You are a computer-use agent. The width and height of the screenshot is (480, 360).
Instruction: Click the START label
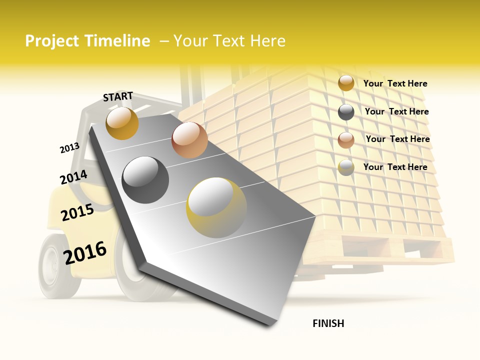point(118,96)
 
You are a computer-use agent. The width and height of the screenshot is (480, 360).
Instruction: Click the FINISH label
point(328,323)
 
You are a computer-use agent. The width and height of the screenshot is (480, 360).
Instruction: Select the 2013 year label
point(69,147)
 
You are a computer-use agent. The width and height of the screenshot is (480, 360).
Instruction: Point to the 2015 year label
point(77,212)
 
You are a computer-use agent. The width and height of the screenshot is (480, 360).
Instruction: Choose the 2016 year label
point(85,252)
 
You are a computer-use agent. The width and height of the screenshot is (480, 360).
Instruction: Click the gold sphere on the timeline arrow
point(122,123)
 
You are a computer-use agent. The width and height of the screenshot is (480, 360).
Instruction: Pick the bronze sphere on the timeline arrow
point(189,140)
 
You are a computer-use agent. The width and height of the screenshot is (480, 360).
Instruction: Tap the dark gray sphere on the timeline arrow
point(145,179)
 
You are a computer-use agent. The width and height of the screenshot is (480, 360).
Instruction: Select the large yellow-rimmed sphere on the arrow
point(216,207)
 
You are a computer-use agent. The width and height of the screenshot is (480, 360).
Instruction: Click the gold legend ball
point(346,83)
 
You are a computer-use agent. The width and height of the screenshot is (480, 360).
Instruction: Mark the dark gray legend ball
point(346,111)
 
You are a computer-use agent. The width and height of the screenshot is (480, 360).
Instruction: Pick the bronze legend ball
point(346,139)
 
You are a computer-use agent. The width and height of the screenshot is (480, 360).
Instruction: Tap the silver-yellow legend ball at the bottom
point(346,167)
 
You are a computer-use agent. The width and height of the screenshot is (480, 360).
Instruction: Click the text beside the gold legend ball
point(395,83)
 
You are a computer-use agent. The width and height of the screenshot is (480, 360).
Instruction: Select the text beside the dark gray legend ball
point(396,111)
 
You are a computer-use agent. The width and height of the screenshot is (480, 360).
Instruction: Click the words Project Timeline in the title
point(87,41)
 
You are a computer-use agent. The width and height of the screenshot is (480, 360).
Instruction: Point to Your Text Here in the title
point(229,41)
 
